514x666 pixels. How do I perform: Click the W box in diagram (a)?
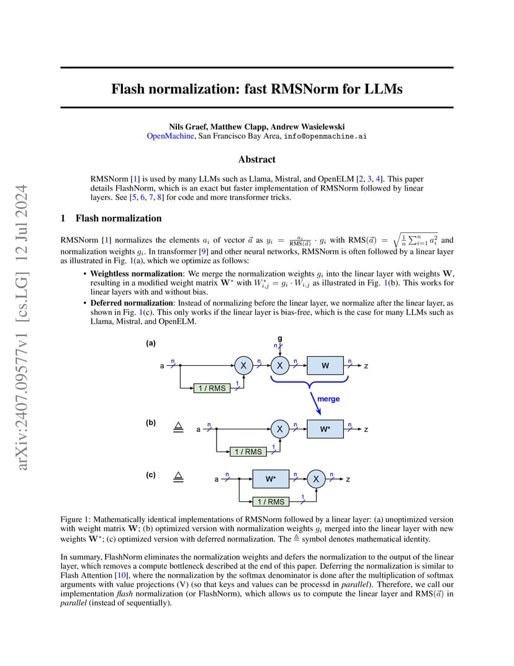pos(325,365)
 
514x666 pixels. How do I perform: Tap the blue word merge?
pos(328,399)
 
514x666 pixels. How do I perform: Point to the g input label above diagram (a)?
pos(280,339)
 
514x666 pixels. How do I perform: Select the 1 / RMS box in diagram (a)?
pos(212,388)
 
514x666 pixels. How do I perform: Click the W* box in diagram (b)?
pos(325,429)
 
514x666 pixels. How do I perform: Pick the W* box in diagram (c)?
pos(271,478)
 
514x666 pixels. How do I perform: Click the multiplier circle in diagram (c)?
pos(316,479)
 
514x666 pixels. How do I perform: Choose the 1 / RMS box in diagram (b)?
pos(248,452)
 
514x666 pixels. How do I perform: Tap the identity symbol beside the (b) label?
pos(179,427)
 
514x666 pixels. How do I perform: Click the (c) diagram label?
pos(151,475)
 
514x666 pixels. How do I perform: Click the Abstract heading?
pos(257,159)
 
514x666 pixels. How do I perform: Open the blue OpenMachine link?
pos(170,136)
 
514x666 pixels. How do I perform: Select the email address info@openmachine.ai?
pos(325,136)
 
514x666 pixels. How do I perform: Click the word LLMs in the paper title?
pos(381,89)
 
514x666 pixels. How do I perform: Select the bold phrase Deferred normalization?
pos(132,303)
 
